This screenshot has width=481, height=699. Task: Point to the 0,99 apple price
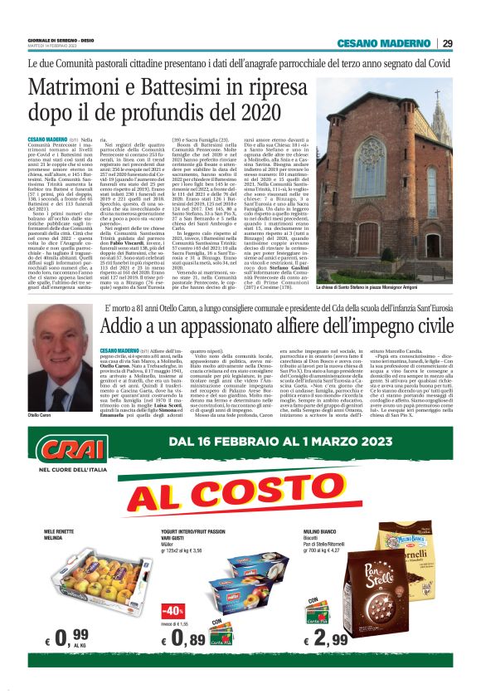click(69, 638)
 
